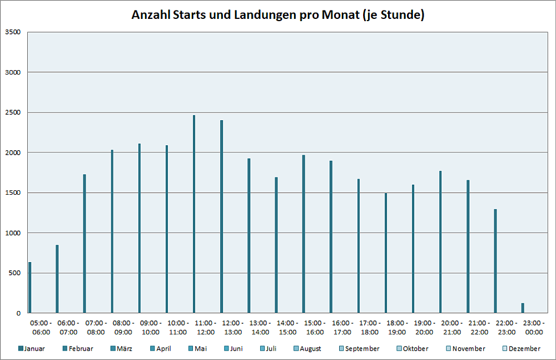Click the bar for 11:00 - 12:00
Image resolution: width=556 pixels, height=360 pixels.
[x=194, y=214]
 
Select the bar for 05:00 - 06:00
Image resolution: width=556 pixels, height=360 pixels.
[x=30, y=287]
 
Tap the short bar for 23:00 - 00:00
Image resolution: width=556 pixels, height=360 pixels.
[x=523, y=308]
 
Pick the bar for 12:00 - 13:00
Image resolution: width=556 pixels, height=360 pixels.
[x=221, y=216]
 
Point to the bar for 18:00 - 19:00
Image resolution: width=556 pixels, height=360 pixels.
[x=386, y=253]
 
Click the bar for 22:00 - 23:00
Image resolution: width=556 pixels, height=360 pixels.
[x=495, y=261]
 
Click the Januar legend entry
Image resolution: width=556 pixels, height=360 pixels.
[x=32, y=349]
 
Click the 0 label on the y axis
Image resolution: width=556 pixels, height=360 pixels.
[x=18, y=313]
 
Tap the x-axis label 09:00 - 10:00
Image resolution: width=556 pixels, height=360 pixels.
[x=151, y=328]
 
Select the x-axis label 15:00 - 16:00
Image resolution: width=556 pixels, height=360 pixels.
[x=315, y=328]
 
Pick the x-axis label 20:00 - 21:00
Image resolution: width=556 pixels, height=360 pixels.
[x=452, y=328]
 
